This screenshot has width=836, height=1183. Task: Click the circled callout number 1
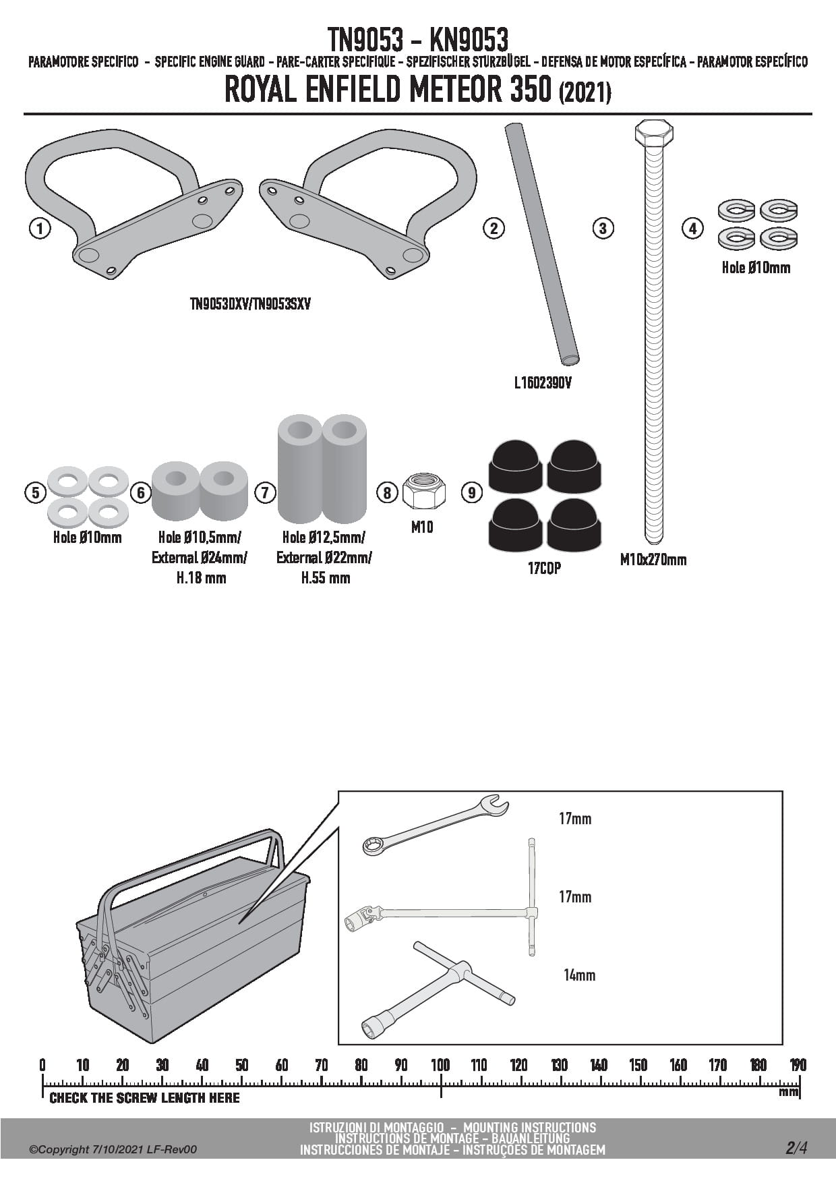[40, 228]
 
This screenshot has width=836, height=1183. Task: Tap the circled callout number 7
[265, 492]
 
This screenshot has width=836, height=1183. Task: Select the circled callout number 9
[471, 492]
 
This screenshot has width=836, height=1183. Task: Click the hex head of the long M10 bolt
[653, 132]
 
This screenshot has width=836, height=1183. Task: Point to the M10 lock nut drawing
[424, 492]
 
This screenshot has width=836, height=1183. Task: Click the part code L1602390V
[543, 383]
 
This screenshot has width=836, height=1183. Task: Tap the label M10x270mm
[653, 559]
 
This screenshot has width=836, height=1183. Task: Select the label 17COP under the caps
[544, 568]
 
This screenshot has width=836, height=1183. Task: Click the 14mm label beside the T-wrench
[579, 975]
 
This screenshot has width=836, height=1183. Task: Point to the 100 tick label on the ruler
[440, 1065]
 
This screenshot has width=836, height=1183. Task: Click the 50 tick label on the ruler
[241, 1065]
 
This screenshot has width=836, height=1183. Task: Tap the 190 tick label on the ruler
[798, 1065]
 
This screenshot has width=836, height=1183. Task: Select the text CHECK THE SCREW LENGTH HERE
[144, 1098]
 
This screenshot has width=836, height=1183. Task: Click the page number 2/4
[796, 1148]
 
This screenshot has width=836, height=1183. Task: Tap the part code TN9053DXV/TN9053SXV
[250, 304]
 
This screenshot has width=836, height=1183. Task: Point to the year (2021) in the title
[585, 92]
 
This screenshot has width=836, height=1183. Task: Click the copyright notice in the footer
[113, 1149]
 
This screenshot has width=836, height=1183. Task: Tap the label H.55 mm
[325, 578]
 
